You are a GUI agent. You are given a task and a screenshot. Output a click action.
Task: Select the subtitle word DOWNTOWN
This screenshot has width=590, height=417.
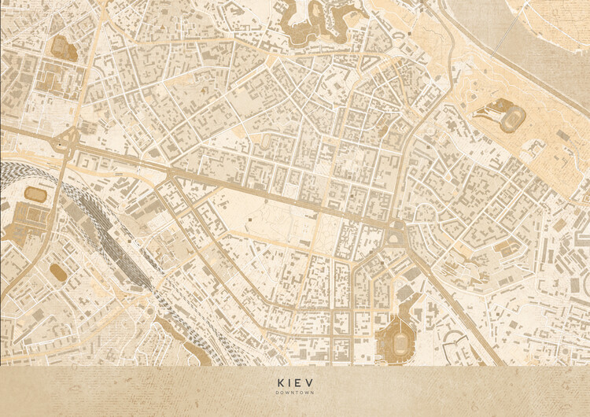coord(295,392)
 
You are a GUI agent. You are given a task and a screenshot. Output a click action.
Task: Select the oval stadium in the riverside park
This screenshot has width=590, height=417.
coord(513,119)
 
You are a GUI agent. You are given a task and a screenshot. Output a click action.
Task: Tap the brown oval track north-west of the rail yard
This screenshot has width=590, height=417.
coord(35,194)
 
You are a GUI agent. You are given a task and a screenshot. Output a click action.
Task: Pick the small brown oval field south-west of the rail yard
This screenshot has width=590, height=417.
coord(58,271)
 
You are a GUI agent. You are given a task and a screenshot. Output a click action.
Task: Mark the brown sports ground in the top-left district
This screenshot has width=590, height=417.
coord(63,47)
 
